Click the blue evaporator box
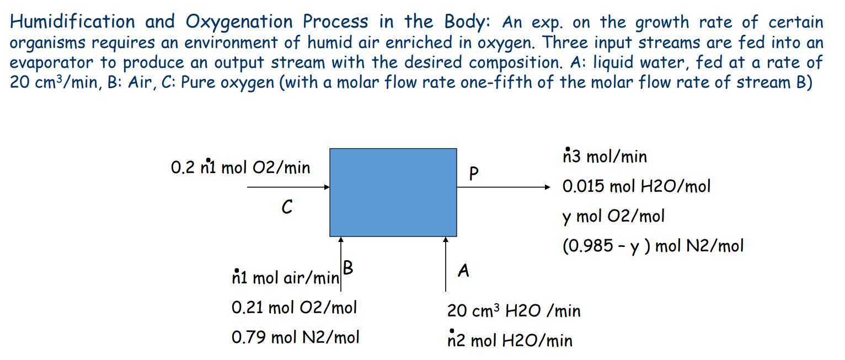pos(393,192)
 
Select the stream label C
pos(286,207)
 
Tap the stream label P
pos(472,174)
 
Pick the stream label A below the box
pos(464,270)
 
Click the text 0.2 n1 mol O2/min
pos(240,167)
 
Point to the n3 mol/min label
pos(604,157)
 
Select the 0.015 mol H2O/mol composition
pos(636,186)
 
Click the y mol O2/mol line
pos(613,216)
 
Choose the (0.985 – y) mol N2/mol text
pos(653,245)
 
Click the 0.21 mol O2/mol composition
pos(294,307)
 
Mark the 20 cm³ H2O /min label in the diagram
pos(514,311)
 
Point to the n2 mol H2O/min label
pos(510,341)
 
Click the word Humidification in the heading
pos(72,22)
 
